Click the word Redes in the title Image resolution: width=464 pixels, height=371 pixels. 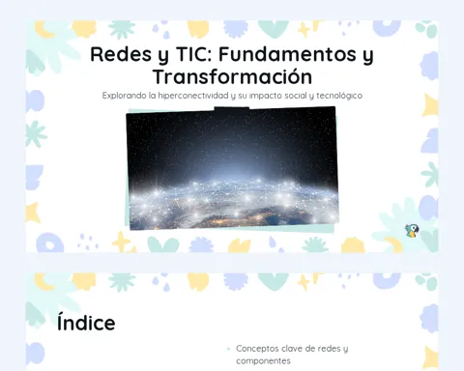(121, 54)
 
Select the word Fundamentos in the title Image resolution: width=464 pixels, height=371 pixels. (287, 54)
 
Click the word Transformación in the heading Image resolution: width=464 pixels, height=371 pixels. (232, 76)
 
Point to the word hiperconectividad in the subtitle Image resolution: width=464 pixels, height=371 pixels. (193, 96)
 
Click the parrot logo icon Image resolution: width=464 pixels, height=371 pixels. (412, 231)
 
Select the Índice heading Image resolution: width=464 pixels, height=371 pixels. (86, 323)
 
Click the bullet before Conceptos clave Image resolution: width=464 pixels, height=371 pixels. (228, 349)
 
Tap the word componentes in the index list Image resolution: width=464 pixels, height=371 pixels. (263, 361)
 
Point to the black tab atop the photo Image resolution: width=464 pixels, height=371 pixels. (232, 108)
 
